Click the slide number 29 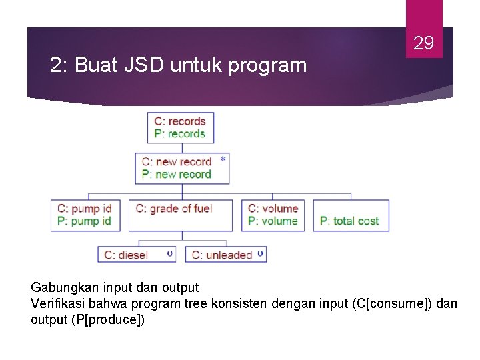tap(424, 44)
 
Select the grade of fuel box tap(181, 215)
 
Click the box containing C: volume tap(274, 215)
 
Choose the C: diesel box tap(138, 255)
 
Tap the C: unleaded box tap(226, 255)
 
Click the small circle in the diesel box tap(170, 253)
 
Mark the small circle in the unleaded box tap(259, 253)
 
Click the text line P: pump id tap(85, 221)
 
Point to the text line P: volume tap(273, 221)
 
